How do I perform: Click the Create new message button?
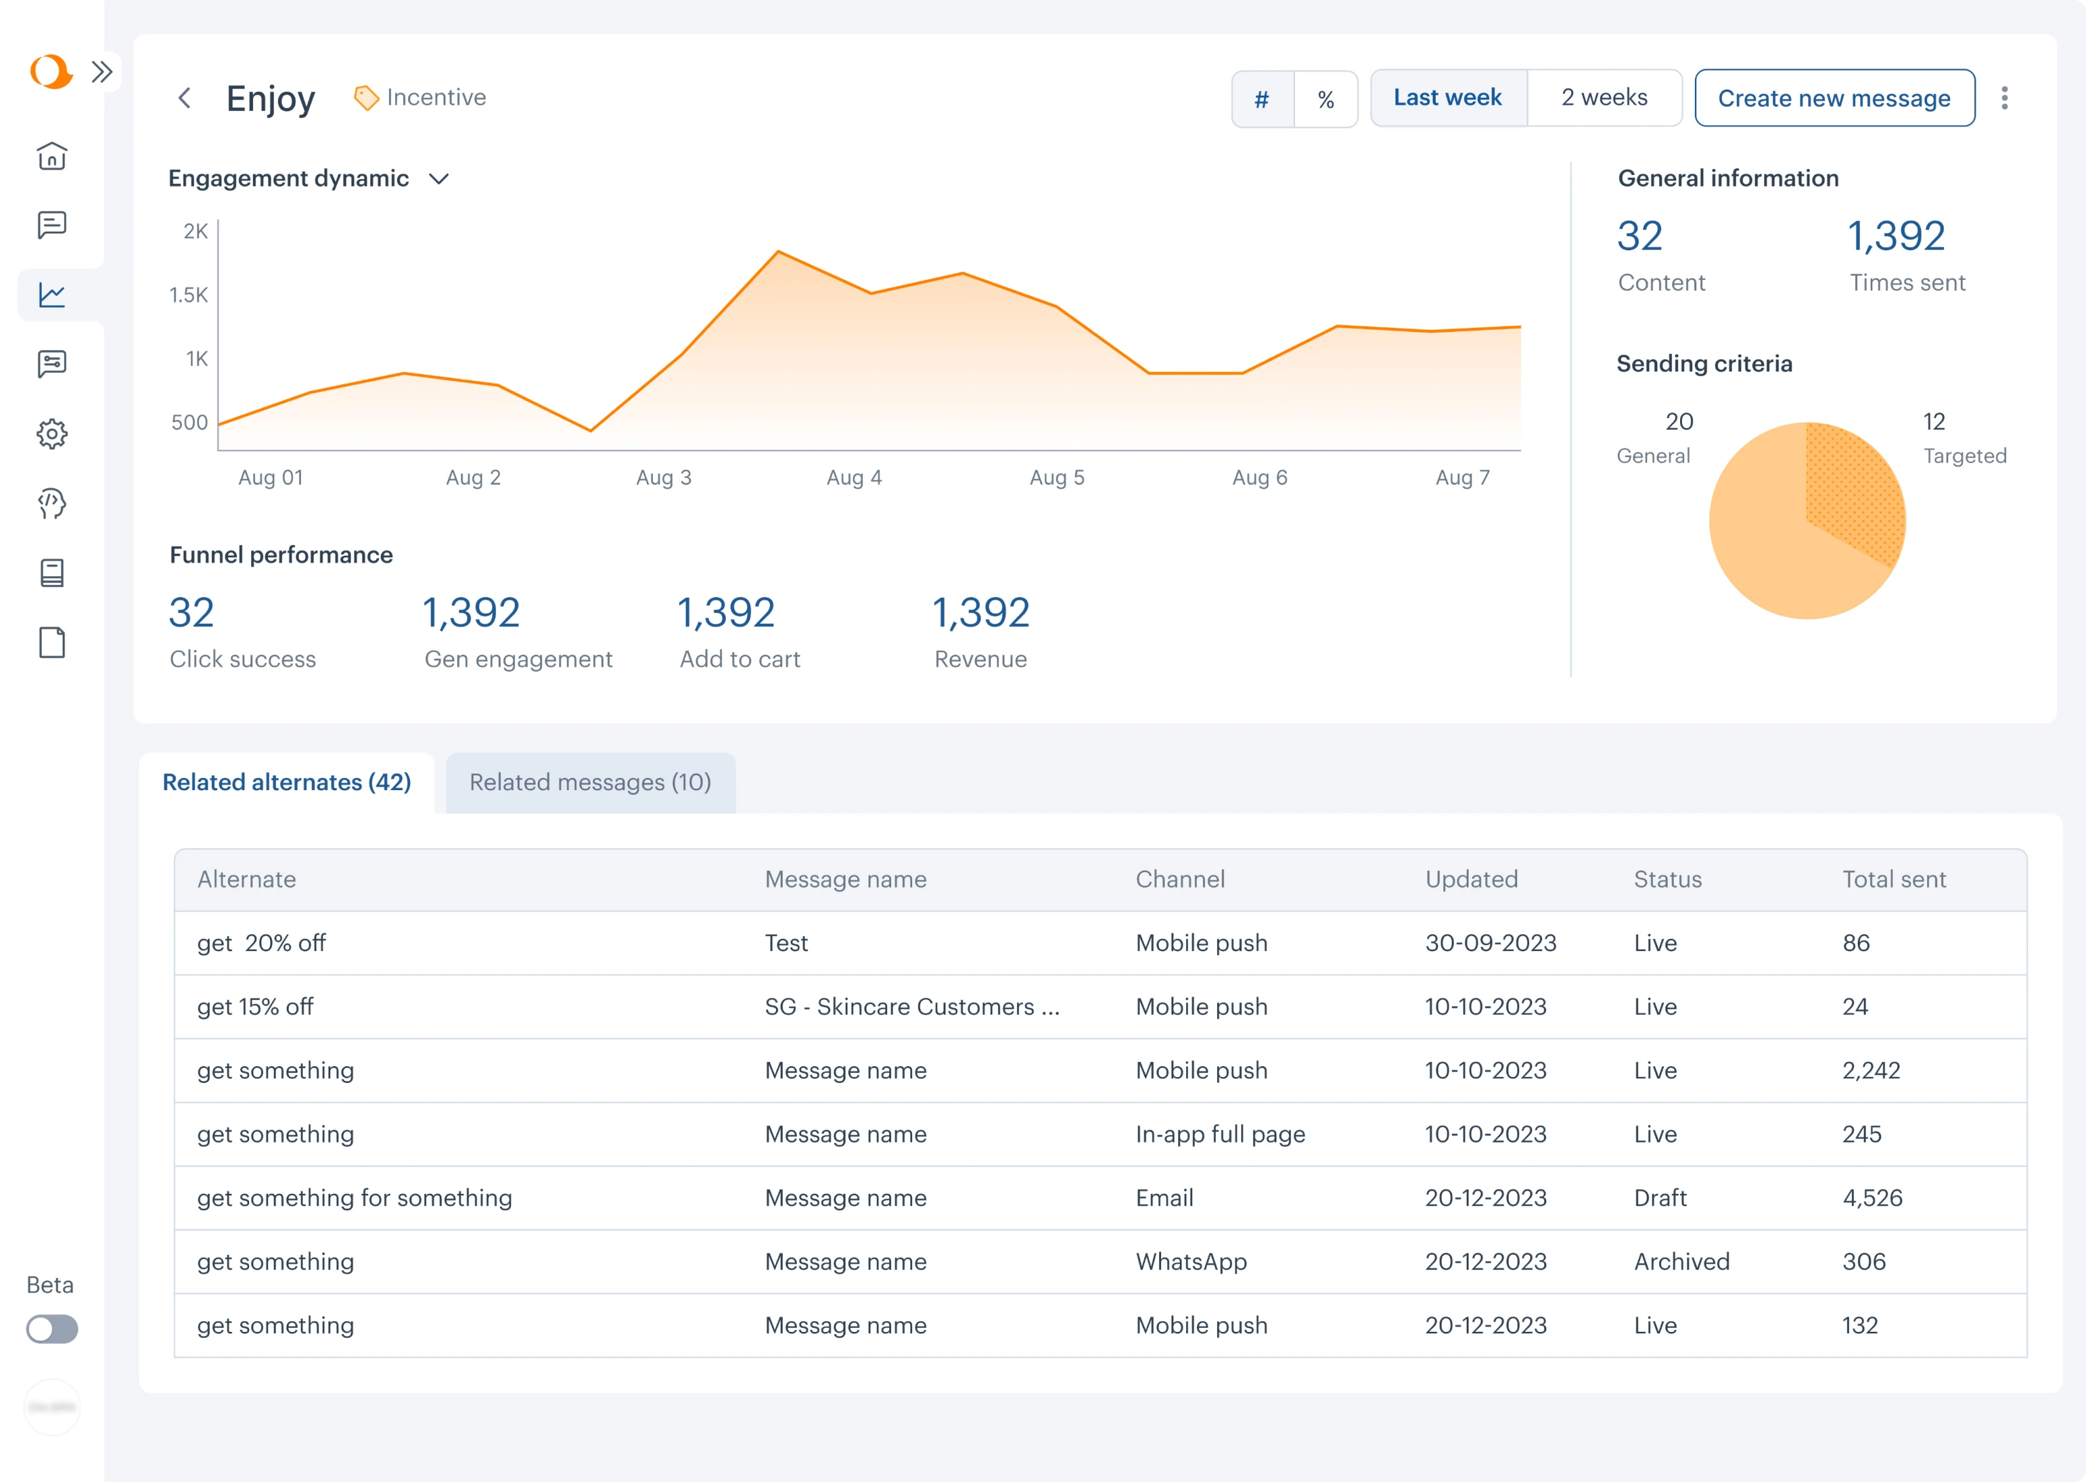click(x=1834, y=98)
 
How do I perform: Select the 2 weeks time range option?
click(x=1603, y=98)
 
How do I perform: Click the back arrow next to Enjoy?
click(x=184, y=98)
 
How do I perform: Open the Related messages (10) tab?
click(x=590, y=782)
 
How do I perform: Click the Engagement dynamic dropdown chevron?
click(x=439, y=179)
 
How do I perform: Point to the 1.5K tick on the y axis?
click(x=189, y=295)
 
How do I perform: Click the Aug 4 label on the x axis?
click(x=854, y=477)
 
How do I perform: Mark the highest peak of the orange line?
click(x=778, y=251)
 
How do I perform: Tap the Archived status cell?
click(x=1681, y=1261)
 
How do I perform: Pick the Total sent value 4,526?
click(x=1871, y=1197)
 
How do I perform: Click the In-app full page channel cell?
click(x=1220, y=1133)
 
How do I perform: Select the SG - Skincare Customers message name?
click(x=911, y=1007)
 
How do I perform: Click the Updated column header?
click(x=1471, y=879)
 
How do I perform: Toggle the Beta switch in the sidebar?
click(x=52, y=1329)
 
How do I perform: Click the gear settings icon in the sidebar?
click(x=52, y=433)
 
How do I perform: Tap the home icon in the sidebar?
click(x=52, y=156)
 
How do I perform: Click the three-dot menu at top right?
click(x=2004, y=98)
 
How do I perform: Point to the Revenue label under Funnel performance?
click(x=980, y=659)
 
